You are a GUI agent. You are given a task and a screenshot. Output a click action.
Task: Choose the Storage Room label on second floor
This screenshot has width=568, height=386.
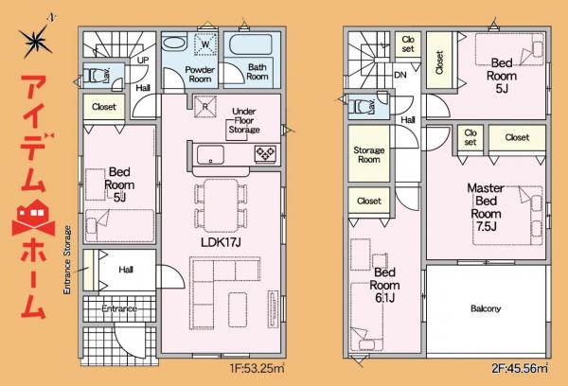(368, 155)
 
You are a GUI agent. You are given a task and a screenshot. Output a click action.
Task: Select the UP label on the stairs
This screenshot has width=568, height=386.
(143, 60)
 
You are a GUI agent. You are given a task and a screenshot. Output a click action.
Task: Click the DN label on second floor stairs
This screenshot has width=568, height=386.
(400, 74)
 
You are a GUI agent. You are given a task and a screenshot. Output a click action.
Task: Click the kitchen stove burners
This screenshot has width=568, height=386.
(262, 153)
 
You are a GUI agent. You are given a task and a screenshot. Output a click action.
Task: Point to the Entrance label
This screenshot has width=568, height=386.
(118, 308)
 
